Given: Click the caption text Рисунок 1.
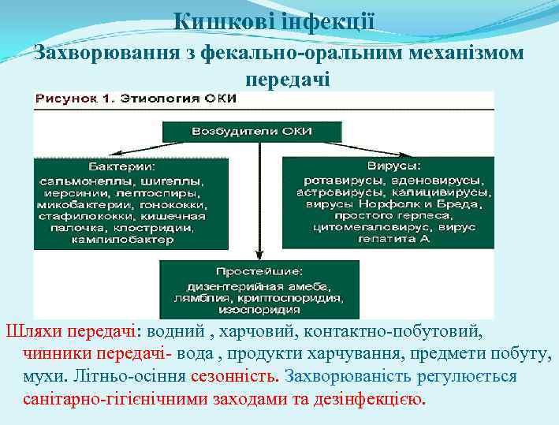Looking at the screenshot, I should (76, 100).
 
